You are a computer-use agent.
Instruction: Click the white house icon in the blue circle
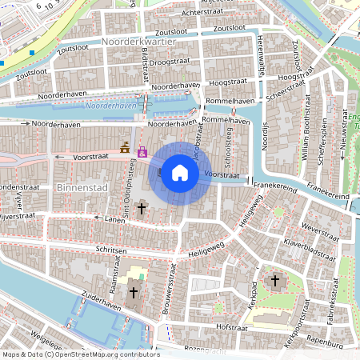coord(180,173)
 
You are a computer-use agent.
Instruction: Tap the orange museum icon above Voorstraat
coord(125,147)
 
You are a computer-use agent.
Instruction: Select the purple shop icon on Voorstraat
coord(142,151)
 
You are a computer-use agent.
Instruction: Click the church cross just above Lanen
coord(142,209)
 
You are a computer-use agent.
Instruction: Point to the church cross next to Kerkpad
coord(274,281)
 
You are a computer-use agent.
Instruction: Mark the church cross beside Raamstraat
coord(133,293)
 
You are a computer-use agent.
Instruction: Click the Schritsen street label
coord(112,250)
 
